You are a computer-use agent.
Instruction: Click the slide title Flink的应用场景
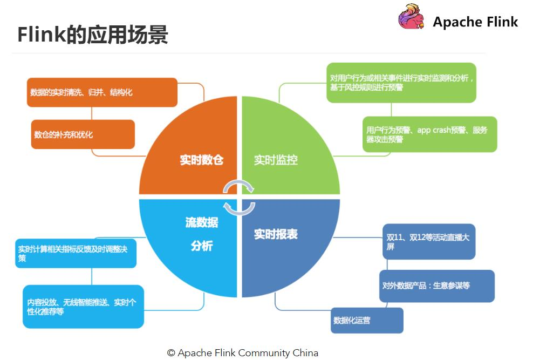tap(92, 35)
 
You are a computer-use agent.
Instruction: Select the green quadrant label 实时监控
tap(276, 160)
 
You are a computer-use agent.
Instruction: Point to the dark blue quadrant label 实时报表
tap(276, 234)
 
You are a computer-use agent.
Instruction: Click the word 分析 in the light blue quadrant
tap(201, 246)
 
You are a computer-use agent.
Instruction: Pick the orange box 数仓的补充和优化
tap(83, 134)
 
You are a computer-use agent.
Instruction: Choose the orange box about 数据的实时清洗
tap(101, 92)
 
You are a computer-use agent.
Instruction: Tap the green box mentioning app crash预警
tap(429, 134)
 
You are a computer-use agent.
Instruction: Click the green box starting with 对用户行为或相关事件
tap(401, 83)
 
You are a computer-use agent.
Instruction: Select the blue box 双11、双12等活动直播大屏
tap(428, 242)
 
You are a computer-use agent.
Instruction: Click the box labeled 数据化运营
tap(367, 320)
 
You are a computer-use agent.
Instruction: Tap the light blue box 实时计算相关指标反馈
tap(76, 253)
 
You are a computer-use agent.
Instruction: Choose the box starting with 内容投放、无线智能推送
tap(83, 307)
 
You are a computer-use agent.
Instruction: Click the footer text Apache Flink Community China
tap(242, 353)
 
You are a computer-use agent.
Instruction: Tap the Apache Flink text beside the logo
tap(475, 22)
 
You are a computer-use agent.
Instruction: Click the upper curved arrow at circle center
tap(239, 185)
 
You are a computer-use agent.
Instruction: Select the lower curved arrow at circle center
tap(239, 207)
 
